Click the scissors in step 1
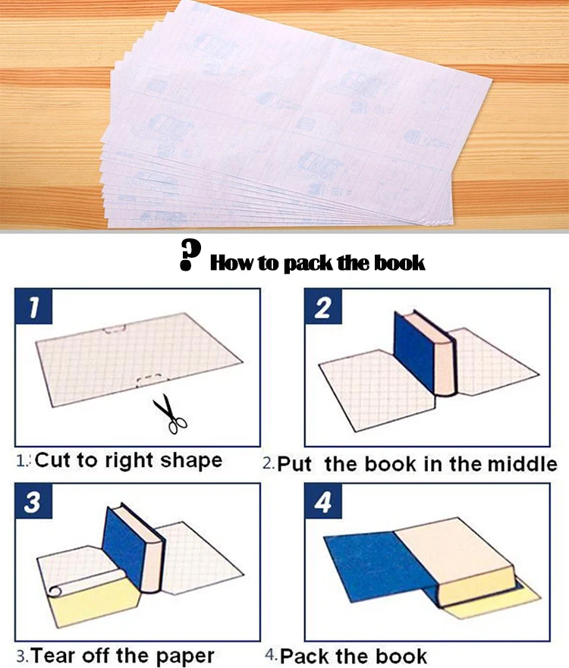click(170, 414)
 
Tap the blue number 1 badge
click(33, 306)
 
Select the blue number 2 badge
click(323, 306)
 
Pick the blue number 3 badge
click(33, 501)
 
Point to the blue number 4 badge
click(323, 501)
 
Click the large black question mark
click(190, 255)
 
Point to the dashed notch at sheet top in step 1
click(114, 329)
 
